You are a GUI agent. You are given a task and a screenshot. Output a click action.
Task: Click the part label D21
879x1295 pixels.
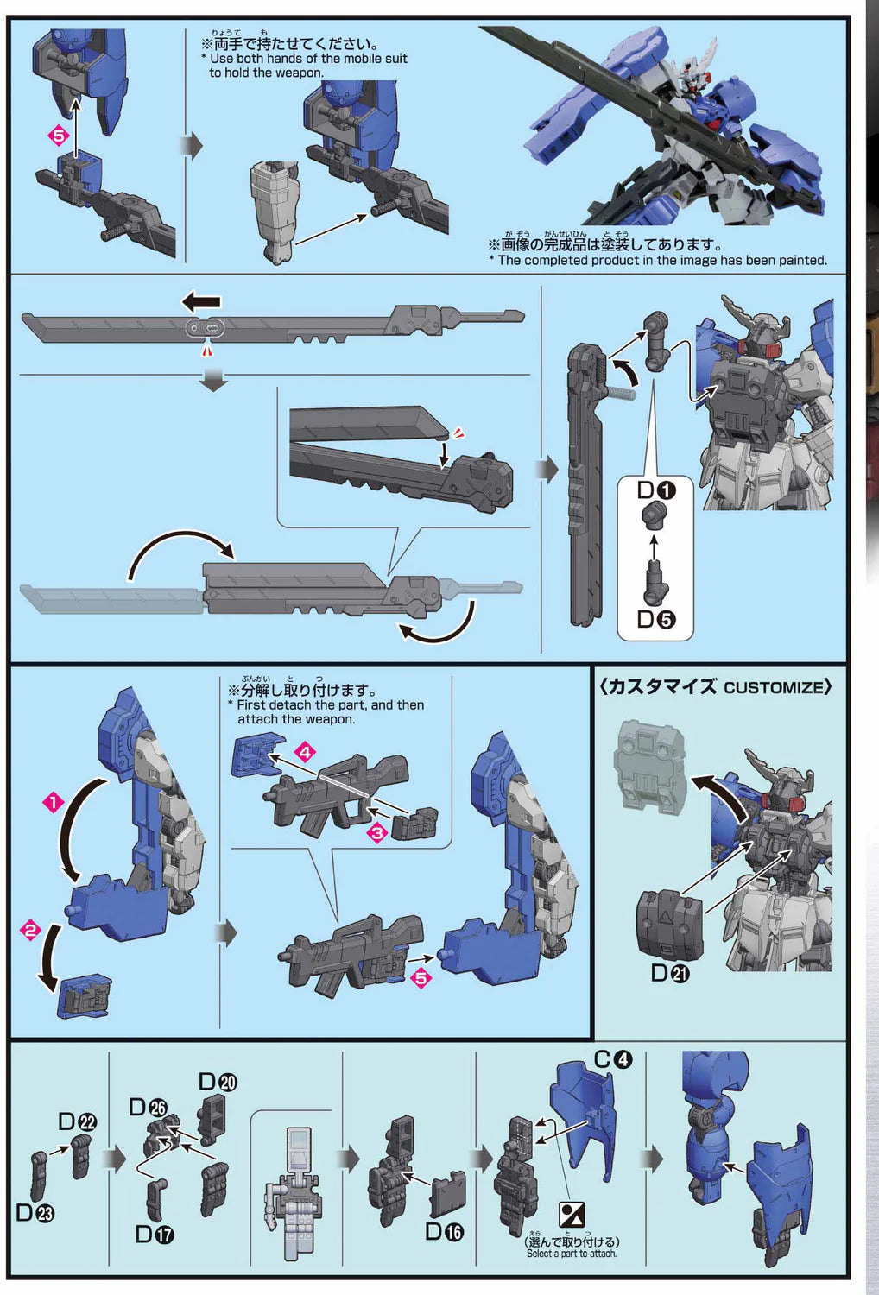pyautogui.click(x=670, y=974)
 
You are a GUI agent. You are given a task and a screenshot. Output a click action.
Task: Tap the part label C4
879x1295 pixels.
pyautogui.click(x=613, y=1059)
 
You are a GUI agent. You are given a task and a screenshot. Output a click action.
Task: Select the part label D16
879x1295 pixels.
pyautogui.click(x=444, y=1232)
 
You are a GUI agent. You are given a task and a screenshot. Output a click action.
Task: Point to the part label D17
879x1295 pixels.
pyautogui.click(x=155, y=1235)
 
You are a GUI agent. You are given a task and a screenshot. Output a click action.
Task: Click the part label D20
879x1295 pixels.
pyautogui.click(x=218, y=1082)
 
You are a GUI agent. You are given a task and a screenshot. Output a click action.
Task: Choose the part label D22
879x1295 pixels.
pyautogui.click(x=77, y=1121)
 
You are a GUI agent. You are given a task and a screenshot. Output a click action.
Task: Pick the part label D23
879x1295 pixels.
pyautogui.click(x=35, y=1213)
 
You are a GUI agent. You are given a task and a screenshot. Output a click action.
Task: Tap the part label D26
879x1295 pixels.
pyautogui.click(x=148, y=1108)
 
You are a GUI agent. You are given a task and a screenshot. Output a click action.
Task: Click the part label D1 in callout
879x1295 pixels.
pyautogui.click(x=656, y=490)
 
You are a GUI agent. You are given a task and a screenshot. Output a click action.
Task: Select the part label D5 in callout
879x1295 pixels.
pyautogui.click(x=656, y=619)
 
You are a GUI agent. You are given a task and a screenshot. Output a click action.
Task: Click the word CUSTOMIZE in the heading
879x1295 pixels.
pyautogui.click(x=773, y=687)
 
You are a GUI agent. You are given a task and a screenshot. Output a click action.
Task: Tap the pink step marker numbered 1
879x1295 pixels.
pyautogui.click(x=54, y=802)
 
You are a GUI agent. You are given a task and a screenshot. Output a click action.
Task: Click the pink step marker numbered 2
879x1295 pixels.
pyautogui.click(x=31, y=931)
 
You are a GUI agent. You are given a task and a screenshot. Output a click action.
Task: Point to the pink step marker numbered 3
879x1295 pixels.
pyautogui.click(x=377, y=833)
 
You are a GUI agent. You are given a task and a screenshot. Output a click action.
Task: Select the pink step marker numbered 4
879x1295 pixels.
pyautogui.click(x=305, y=752)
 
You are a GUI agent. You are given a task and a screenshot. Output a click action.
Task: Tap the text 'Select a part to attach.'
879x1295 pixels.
pyautogui.click(x=572, y=1254)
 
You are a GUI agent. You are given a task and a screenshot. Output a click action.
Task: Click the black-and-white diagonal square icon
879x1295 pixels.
pyautogui.click(x=572, y=1215)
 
